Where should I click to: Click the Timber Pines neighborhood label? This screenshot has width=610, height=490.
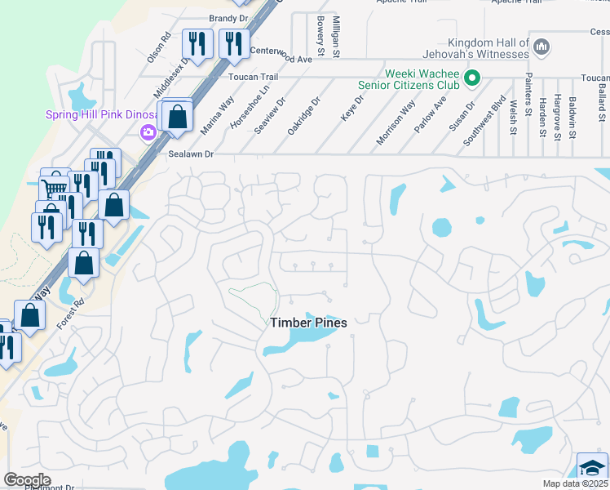coord(308,323)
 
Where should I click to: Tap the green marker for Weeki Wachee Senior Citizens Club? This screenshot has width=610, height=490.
coord(471,80)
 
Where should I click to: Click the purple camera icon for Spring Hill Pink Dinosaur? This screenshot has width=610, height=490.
coord(148,131)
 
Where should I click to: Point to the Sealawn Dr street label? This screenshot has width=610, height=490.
coord(190,154)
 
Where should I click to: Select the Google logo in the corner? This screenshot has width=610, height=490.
coord(27,479)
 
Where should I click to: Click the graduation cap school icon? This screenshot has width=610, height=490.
coord(592,468)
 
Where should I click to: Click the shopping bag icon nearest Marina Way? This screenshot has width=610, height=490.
coord(177,117)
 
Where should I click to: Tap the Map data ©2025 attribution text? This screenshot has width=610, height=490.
coord(575,483)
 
